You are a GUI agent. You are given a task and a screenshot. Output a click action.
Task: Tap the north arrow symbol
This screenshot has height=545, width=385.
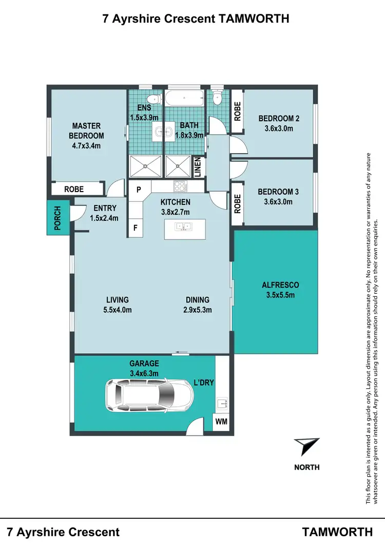point(307,446)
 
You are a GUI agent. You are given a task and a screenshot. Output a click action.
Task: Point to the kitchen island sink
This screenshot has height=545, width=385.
point(183,226)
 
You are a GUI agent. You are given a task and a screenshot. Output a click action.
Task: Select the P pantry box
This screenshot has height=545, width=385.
point(138,189)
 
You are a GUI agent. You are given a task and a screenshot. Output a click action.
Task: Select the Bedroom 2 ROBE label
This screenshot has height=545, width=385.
point(237,111)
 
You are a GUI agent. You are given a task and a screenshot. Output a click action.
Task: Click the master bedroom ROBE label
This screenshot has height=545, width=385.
point(74,190)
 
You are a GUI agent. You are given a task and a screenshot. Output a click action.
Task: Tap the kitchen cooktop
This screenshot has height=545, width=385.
point(180,186)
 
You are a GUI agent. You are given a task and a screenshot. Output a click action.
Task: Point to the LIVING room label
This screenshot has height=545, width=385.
point(118,300)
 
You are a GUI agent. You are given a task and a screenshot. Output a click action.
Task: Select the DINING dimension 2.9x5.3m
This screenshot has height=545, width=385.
point(198,309)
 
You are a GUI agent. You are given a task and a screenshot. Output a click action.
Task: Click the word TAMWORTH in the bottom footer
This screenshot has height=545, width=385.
point(338,532)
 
